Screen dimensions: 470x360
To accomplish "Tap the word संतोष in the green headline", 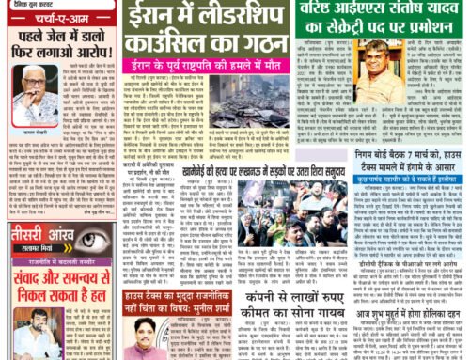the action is (x=431, y=13).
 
